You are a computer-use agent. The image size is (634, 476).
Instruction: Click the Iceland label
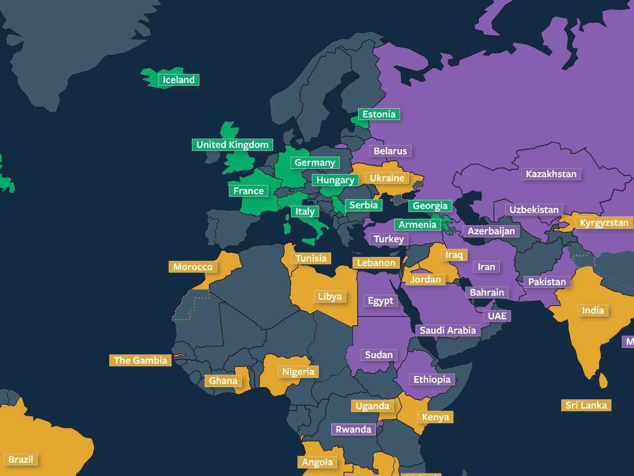click(x=179, y=80)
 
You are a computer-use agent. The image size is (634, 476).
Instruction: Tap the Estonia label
click(x=379, y=114)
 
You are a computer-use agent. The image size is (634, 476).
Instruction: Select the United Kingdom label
click(x=232, y=144)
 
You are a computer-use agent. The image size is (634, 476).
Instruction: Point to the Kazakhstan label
click(x=551, y=173)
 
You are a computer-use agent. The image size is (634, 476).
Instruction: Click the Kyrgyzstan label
click(x=604, y=223)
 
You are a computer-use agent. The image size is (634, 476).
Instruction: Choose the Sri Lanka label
click(x=586, y=405)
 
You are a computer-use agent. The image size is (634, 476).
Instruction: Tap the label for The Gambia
click(x=140, y=360)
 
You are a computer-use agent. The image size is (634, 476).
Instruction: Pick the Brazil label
click(x=21, y=459)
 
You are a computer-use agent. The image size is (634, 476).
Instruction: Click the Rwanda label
click(x=353, y=429)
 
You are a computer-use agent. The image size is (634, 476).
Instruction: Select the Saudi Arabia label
click(x=447, y=330)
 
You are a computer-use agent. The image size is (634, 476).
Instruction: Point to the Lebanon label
click(x=376, y=262)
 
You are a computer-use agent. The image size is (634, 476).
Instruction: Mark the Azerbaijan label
click(x=491, y=231)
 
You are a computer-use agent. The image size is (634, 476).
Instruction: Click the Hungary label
click(x=335, y=180)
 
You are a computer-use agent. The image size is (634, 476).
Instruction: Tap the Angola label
click(x=318, y=462)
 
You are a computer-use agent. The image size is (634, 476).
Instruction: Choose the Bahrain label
click(x=487, y=292)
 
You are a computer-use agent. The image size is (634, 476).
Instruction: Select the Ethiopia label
click(x=432, y=379)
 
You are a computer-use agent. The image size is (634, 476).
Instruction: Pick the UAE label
click(x=497, y=316)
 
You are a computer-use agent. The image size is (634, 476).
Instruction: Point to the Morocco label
click(x=193, y=267)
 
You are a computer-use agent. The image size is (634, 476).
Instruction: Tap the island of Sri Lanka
click(x=603, y=380)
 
